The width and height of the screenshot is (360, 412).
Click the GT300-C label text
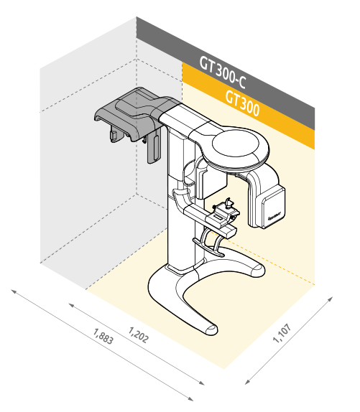click(223, 72)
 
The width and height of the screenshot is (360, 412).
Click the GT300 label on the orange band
click(242, 103)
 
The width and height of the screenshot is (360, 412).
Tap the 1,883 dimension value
click(103, 336)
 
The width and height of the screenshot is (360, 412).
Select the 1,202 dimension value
click(138, 334)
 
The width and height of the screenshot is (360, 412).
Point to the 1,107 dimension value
click(282, 333)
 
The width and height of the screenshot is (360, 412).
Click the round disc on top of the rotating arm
click(236, 144)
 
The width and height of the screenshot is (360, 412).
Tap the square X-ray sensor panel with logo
click(273, 208)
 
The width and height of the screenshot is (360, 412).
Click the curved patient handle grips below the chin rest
click(210, 243)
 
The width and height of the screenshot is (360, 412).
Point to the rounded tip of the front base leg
click(211, 330)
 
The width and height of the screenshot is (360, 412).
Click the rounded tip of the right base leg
click(258, 270)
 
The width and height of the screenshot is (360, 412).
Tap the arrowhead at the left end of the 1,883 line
click(13, 291)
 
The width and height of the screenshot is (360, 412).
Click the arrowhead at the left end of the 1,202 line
click(71, 305)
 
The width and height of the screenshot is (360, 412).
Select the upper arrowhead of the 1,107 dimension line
click(331, 299)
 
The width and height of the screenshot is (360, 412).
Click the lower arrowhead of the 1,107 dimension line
click(247, 382)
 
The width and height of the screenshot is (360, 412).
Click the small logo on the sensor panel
click(274, 216)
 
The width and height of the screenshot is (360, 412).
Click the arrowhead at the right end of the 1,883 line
click(190, 399)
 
